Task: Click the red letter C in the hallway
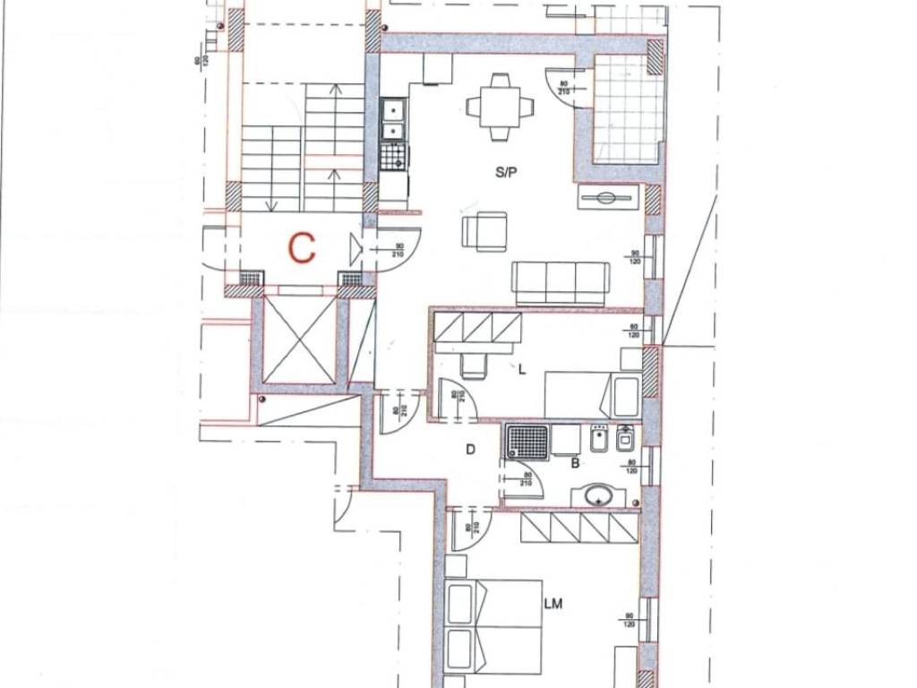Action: point(303,248)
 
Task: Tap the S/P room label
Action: point(506,175)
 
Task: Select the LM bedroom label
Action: point(553,605)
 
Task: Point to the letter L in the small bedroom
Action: point(522,367)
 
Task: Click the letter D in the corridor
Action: point(469,450)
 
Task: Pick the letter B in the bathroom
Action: point(575,463)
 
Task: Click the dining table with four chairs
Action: point(500,107)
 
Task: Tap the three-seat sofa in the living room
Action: point(561,283)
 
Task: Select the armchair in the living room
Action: point(484,231)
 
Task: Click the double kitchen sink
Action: point(392,120)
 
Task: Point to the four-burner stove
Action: point(393,156)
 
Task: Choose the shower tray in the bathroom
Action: point(527,442)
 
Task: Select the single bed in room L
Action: point(591,394)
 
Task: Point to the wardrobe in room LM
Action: point(578,528)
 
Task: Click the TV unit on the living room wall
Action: point(608,197)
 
